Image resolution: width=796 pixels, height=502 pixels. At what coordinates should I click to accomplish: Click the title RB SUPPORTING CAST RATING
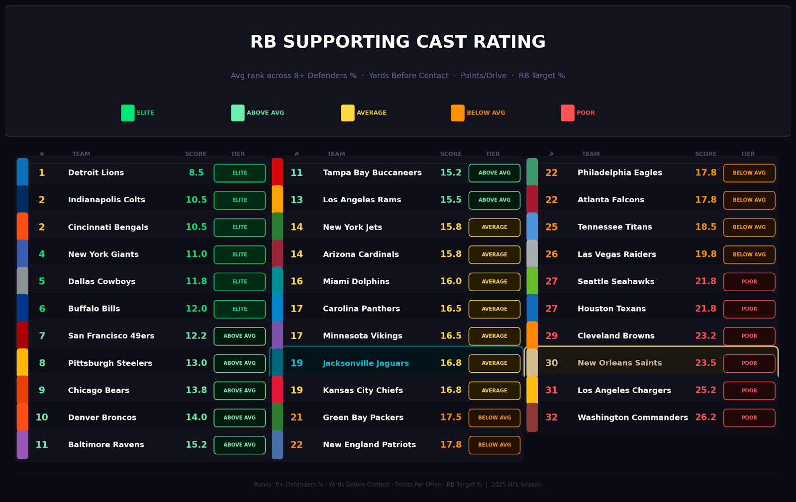click(x=398, y=42)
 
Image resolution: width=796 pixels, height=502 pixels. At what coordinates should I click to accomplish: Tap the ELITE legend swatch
click(x=128, y=113)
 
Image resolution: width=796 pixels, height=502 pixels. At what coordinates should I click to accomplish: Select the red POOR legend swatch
click(x=567, y=113)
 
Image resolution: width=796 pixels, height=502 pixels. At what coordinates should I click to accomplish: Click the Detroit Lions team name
click(x=96, y=173)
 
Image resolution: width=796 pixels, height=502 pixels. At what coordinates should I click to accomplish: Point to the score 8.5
click(x=196, y=173)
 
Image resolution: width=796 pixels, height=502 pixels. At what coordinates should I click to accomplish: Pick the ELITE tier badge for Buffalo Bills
click(x=239, y=309)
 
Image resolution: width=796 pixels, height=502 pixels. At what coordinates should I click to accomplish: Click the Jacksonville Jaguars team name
click(x=366, y=363)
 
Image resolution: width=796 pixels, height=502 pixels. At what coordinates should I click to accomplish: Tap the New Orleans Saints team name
click(x=619, y=363)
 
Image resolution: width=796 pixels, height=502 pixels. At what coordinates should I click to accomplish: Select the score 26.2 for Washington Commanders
click(x=705, y=418)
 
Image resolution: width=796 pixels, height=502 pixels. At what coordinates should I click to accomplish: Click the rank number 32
click(x=551, y=418)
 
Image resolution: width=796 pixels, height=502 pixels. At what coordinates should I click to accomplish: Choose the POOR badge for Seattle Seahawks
click(x=749, y=282)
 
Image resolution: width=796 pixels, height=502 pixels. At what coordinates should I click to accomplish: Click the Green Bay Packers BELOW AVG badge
click(x=494, y=418)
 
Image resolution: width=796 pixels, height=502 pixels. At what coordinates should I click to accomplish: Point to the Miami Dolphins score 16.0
click(x=451, y=282)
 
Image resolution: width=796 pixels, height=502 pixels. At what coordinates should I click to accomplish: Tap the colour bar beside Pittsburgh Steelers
click(x=22, y=362)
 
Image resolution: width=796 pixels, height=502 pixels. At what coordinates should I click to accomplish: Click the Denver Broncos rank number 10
click(x=42, y=418)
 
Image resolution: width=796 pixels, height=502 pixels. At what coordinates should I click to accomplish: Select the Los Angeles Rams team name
click(x=362, y=200)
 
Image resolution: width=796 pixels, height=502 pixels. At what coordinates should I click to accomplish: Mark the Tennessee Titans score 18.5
click(x=705, y=227)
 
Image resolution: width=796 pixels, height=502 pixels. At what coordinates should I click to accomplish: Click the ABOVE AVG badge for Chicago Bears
click(x=239, y=391)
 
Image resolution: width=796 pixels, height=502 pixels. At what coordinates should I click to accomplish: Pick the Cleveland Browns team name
click(x=616, y=336)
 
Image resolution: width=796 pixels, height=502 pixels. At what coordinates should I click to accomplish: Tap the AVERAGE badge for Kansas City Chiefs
click(x=494, y=391)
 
